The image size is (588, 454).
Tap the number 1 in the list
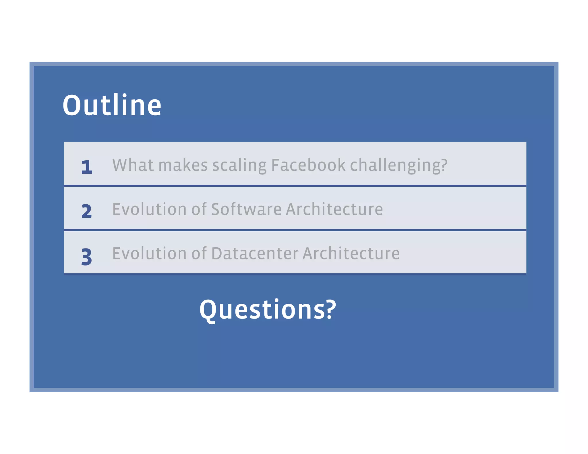(x=87, y=167)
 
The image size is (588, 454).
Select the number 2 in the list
(x=87, y=211)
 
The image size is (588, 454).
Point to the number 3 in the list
(x=87, y=257)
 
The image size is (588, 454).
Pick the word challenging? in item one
(x=399, y=166)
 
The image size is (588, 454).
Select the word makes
(x=183, y=165)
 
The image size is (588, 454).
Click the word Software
(x=246, y=209)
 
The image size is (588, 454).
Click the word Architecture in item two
(x=334, y=209)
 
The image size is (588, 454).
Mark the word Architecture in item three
(x=351, y=253)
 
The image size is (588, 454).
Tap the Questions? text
(x=268, y=310)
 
